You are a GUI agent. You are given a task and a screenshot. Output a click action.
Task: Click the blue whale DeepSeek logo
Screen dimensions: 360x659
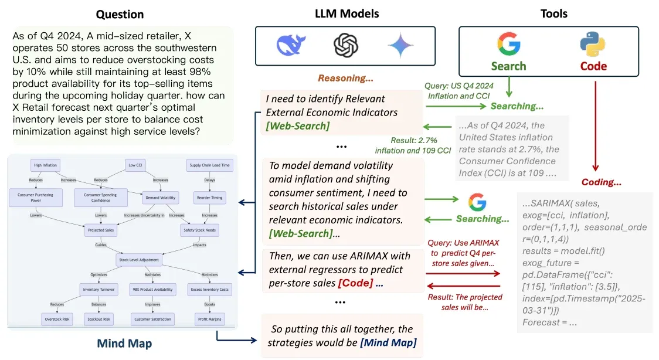point(291,45)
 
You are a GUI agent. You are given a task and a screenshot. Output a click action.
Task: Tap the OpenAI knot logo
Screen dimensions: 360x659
point(345,45)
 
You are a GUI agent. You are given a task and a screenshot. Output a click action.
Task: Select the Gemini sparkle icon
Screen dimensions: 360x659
point(400,45)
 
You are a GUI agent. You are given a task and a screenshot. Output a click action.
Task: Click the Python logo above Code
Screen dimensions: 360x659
point(593,45)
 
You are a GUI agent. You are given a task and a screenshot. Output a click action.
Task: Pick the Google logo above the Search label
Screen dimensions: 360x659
point(508,44)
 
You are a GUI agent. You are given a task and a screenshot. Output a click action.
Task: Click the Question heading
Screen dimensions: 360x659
point(120,13)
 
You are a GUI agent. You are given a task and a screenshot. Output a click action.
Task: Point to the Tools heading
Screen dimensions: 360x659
point(553,13)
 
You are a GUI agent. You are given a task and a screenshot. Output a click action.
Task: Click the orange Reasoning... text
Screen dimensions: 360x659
point(346,77)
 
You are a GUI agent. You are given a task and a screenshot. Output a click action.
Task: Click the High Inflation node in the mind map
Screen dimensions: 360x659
point(46,165)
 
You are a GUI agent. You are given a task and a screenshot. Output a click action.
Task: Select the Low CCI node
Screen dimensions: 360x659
point(135,165)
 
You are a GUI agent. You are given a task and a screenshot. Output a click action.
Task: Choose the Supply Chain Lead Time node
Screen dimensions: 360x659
point(209,165)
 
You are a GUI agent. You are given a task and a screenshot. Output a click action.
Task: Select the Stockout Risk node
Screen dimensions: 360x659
point(98,319)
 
